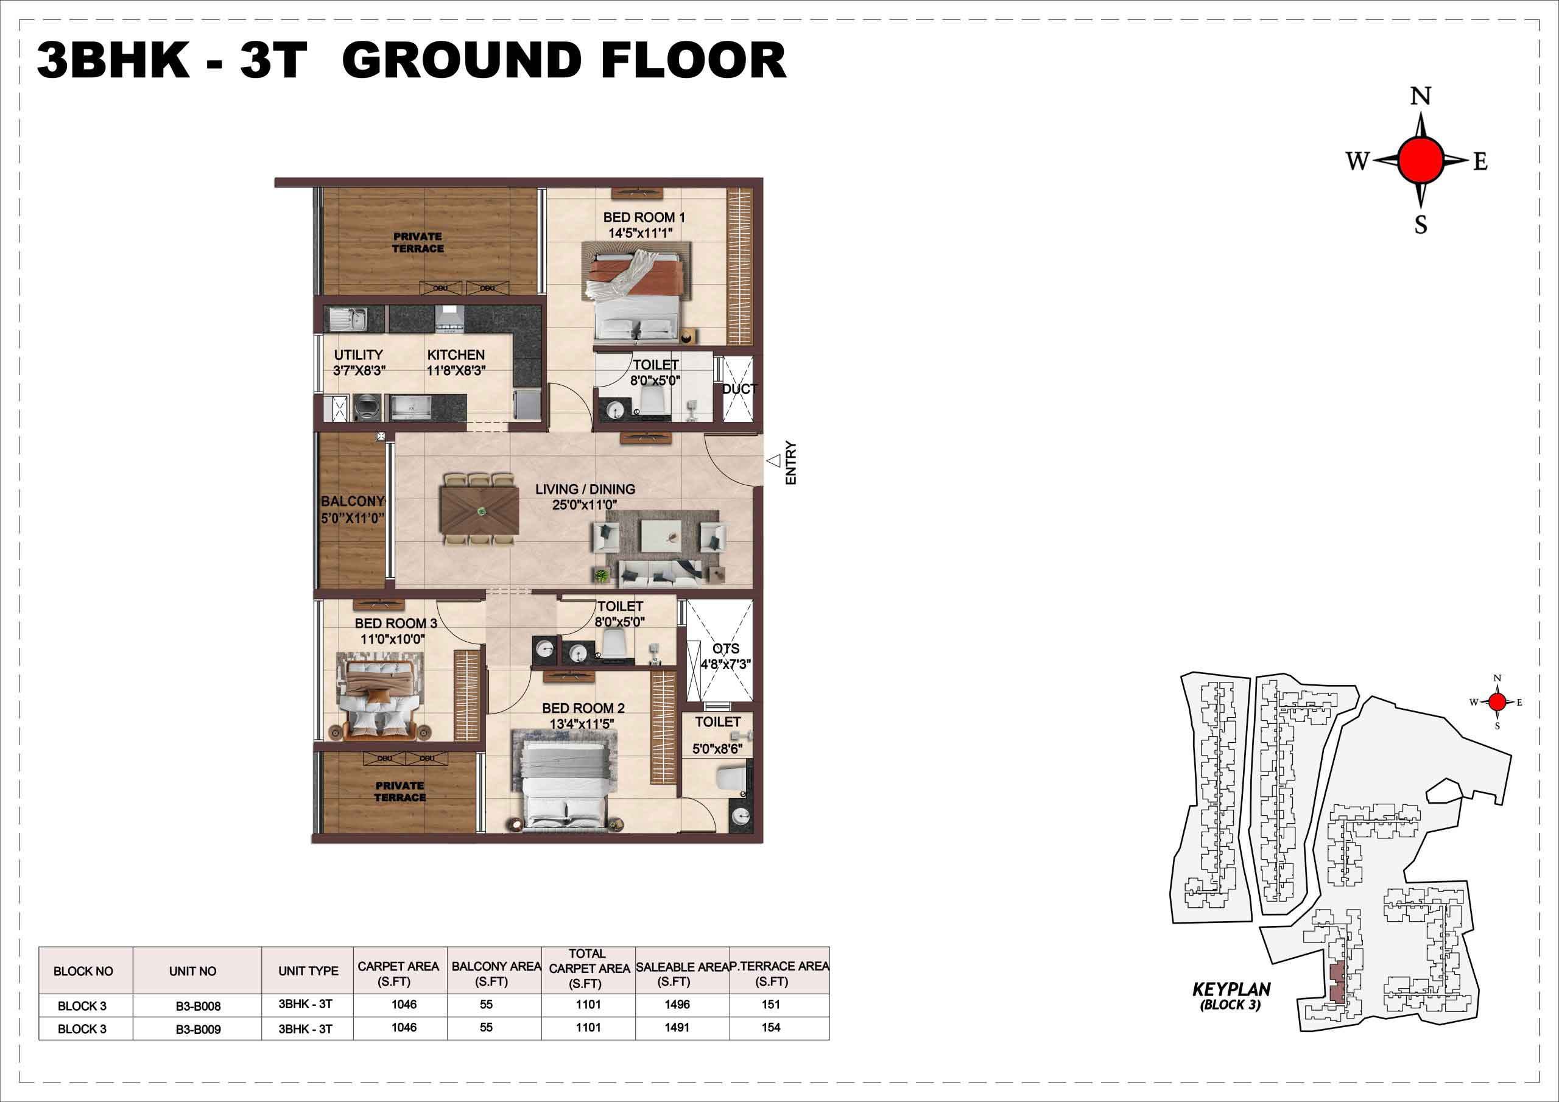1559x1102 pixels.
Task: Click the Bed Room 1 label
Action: [644, 217]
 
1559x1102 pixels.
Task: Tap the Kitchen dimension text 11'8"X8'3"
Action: [456, 371]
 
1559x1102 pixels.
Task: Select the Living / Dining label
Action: [585, 489]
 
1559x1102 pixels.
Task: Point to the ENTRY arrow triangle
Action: [773, 461]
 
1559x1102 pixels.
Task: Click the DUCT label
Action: [739, 389]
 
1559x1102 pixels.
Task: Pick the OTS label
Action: [726, 648]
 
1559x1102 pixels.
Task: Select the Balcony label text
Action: [353, 501]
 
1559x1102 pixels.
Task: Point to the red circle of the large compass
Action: [1421, 160]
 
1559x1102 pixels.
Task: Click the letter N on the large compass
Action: [1421, 96]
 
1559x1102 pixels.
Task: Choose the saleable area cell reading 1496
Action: [677, 1004]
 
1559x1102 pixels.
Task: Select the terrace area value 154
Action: [771, 1027]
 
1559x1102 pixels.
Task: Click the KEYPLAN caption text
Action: [1231, 989]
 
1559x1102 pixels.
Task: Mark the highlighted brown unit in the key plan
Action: [1336, 983]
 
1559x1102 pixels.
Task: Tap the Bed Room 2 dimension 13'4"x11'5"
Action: [582, 724]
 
